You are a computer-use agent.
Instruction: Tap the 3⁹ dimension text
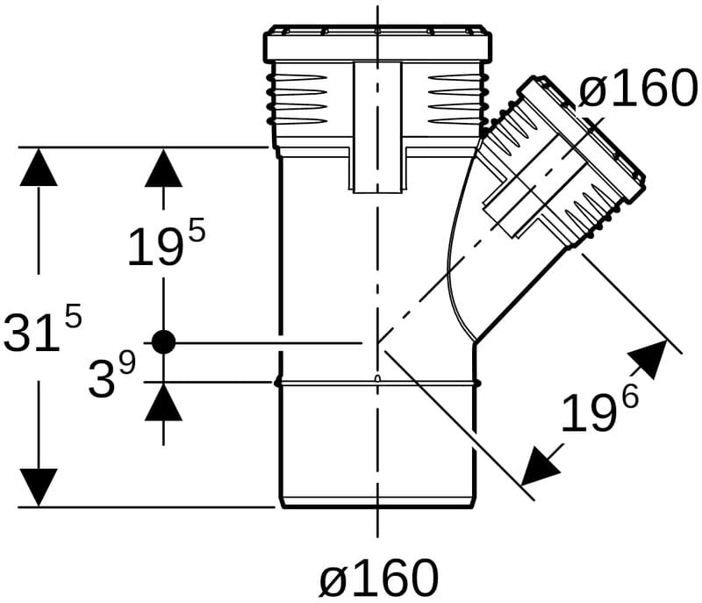[x=112, y=374]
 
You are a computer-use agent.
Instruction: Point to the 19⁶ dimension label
[x=600, y=410]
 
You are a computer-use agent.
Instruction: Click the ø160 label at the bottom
[x=378, y=578]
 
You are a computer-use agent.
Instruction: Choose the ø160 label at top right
[x=638, y=88]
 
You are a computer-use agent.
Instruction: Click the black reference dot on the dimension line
[x=163, y=342]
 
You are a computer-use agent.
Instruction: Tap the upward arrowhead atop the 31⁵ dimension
[x=39, y=167]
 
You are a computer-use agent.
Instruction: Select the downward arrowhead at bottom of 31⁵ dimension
[x=39, y=487]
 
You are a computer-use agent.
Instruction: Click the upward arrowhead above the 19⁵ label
[x=163, y=168]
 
